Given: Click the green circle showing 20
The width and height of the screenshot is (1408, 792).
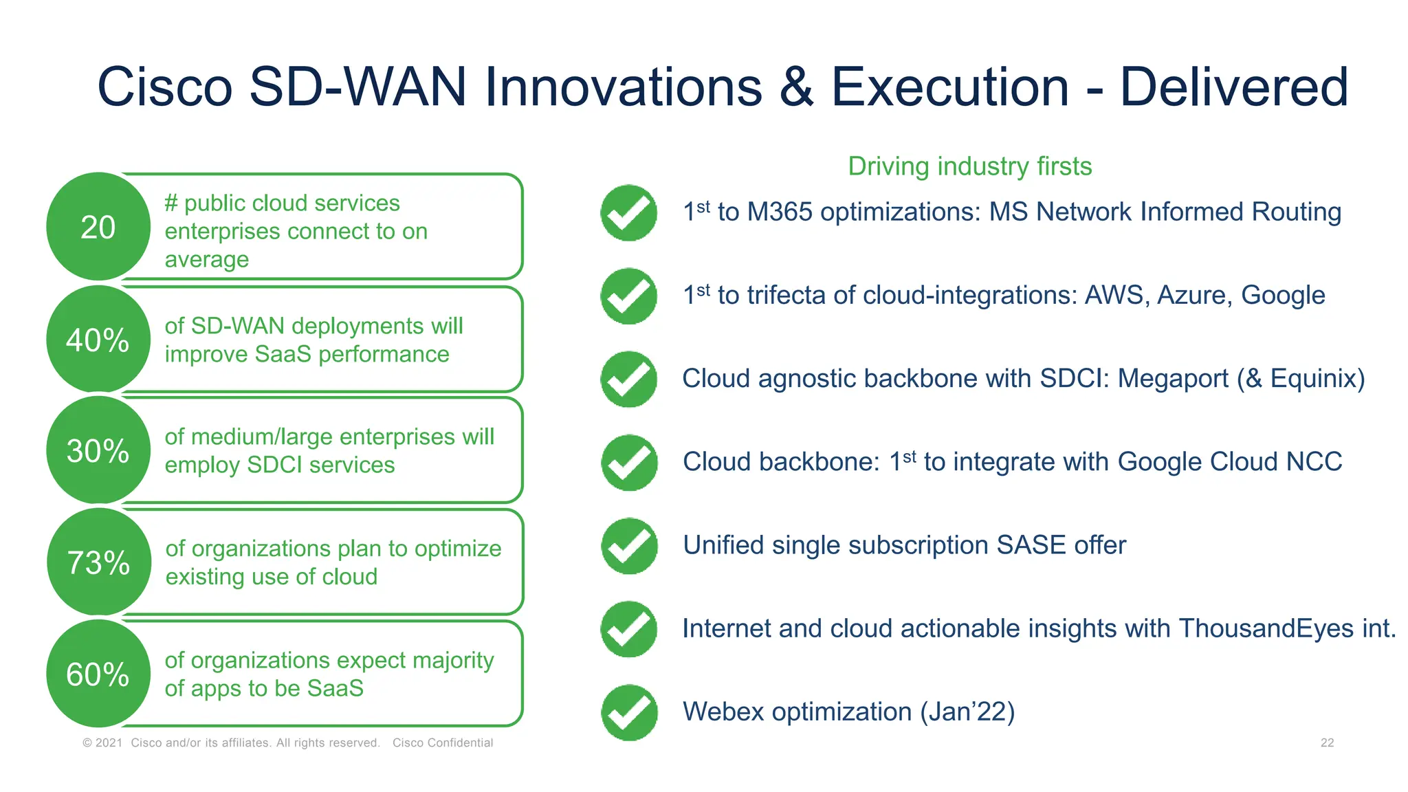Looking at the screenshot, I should tap(98, 227).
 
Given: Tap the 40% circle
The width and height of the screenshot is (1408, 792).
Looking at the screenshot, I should tap(98, 340).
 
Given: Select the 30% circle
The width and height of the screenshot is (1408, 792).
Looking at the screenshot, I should tap(98, 450).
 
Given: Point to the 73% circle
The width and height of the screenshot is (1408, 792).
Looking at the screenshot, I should tap(98, 562).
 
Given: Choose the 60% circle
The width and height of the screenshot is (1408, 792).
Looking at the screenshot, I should tap(98, 674).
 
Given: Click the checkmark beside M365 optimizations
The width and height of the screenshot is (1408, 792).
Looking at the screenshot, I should tap(628, 213).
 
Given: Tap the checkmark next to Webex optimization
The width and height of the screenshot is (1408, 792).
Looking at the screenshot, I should tap(628, 712).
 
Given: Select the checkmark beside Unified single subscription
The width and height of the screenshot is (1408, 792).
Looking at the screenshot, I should tap(628, 546).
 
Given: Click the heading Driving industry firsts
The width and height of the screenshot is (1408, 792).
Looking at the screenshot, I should tap(969, 166).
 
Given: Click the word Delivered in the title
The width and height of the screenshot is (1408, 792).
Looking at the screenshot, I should tap(1233, 87).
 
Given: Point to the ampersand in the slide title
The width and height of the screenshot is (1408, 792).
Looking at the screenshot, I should tap(796, 87).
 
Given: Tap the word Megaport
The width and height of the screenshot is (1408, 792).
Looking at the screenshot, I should tap(1173, 379).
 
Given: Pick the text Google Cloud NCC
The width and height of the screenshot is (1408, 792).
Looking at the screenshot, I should tap(1230, 462).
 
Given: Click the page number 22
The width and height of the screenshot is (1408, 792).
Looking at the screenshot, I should tap(1327, 742).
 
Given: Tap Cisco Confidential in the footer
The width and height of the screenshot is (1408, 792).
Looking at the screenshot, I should tap(443, 742).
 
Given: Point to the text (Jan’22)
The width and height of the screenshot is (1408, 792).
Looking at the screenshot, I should tap(967, 712).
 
